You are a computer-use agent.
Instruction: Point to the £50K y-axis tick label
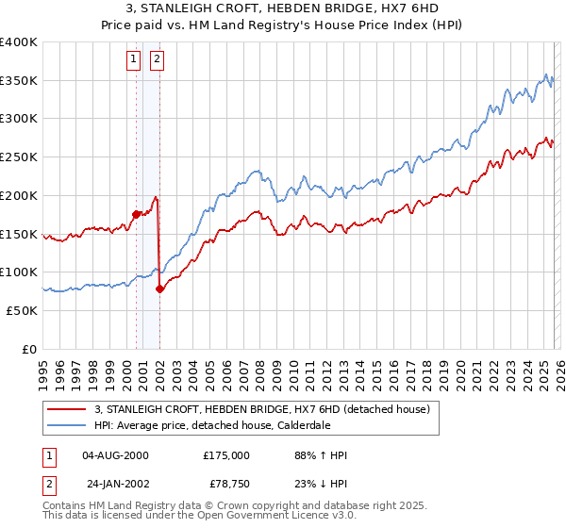pyautogui.click(x=22, y=310)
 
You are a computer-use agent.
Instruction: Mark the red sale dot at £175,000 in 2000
pyautogui.click(x=136, y=214)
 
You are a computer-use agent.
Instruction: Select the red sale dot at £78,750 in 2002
pyautogui.click(x=159, y=289)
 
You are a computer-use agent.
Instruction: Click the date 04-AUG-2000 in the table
pyautogui.click(x=115, y=455)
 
